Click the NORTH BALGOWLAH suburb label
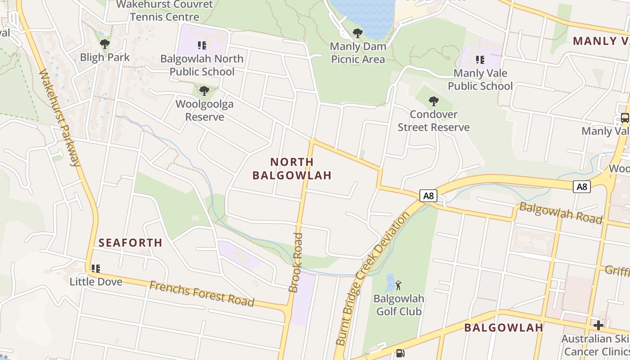(292, 168)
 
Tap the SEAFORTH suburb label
(130, 243)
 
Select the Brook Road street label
(297, 263)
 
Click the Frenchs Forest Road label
(202, 293)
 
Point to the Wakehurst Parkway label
(60, 118)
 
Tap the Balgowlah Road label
(561, 213)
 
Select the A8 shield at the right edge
(581, 186)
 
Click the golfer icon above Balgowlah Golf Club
(398, 285)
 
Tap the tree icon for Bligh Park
(105, 44)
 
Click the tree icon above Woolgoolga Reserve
(204, 91)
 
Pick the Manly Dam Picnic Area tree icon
(358, 33)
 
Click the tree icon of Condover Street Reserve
(433, 101)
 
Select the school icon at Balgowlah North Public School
(202, 45)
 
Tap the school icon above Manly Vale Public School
(480, 59)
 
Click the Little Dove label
(96, 282)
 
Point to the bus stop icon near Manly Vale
(625, 118)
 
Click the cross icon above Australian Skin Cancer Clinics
(598, 325)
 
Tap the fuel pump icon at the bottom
(400, 354)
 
